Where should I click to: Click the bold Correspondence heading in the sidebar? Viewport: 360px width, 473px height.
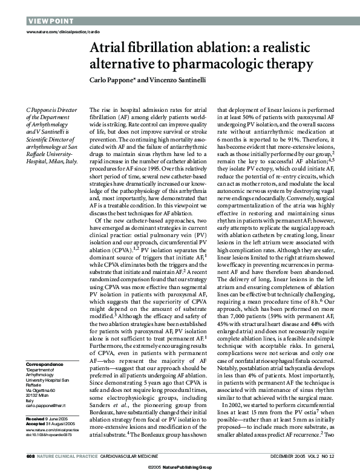coord(44,364)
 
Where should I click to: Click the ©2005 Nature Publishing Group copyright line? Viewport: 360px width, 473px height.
coord(180,468)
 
